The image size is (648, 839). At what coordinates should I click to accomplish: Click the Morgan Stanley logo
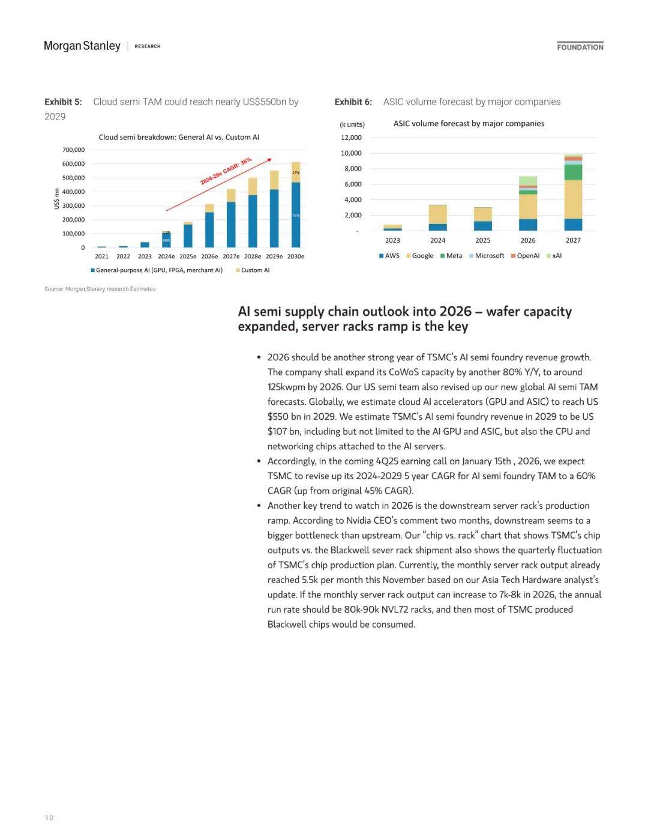82,46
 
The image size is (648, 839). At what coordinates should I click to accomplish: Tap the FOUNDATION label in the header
580,47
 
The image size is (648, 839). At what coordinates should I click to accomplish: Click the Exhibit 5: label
63,102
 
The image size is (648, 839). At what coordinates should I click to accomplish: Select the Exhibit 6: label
353,102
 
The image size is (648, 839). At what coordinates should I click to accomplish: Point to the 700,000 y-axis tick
73,150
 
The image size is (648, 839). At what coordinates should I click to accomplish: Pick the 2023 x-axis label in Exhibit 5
145,256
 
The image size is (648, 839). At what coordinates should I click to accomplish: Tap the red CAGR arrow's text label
226,171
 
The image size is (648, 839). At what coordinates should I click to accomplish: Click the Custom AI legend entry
255,270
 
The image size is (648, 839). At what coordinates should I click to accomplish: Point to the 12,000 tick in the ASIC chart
351,138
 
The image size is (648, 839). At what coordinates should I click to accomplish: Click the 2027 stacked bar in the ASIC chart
573,192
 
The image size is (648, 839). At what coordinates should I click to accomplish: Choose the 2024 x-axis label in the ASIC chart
437,240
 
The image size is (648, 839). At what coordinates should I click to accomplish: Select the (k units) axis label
352,124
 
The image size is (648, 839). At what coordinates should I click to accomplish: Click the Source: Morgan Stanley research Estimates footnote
100,289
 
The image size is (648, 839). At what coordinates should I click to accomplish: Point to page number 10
49,817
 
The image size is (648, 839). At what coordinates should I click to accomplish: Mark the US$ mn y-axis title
57,199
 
